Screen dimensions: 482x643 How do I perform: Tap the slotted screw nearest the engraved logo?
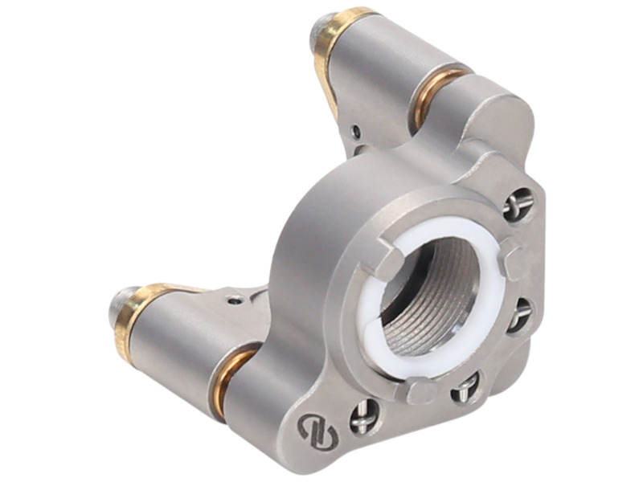(364, 416)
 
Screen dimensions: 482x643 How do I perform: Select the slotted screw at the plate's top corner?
(518, 204)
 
